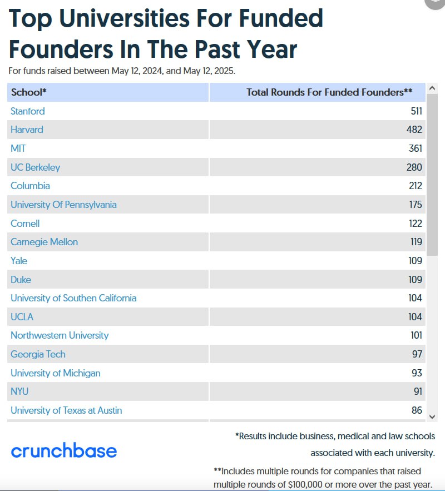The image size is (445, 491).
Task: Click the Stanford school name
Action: (x=28, y=111)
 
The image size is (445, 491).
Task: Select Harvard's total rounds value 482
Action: (x=414, y=130)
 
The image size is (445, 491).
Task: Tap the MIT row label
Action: (x=18, y=148)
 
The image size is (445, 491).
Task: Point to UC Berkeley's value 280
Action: (x=414, y=167)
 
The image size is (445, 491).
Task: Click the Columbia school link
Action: (x=30, y=186)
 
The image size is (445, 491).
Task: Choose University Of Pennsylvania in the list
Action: (x=63, y=205)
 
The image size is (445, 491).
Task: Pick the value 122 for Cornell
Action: (x=415, y=224)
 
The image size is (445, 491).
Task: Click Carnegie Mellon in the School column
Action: (x=44, y=242)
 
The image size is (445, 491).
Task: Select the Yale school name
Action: (x=19, y=261)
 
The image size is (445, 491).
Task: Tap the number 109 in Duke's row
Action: (x=415, y=280)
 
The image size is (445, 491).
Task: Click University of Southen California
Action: (x=73, y=298)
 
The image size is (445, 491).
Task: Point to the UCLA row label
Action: (x=22, y=317)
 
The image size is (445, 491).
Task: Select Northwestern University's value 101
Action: (x=415, y=335)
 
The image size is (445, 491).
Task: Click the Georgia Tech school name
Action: (x=38, y=354)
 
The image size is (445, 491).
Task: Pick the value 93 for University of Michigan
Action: (x=417, y=373)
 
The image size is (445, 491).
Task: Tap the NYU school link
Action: (x=19, y=391)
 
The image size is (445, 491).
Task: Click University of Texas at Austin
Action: (x=66, y=410)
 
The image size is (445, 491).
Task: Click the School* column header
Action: (x=29, y=92)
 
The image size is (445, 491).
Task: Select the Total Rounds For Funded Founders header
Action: (x=329, y=92)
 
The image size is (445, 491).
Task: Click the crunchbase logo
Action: (x=64, y=450)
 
